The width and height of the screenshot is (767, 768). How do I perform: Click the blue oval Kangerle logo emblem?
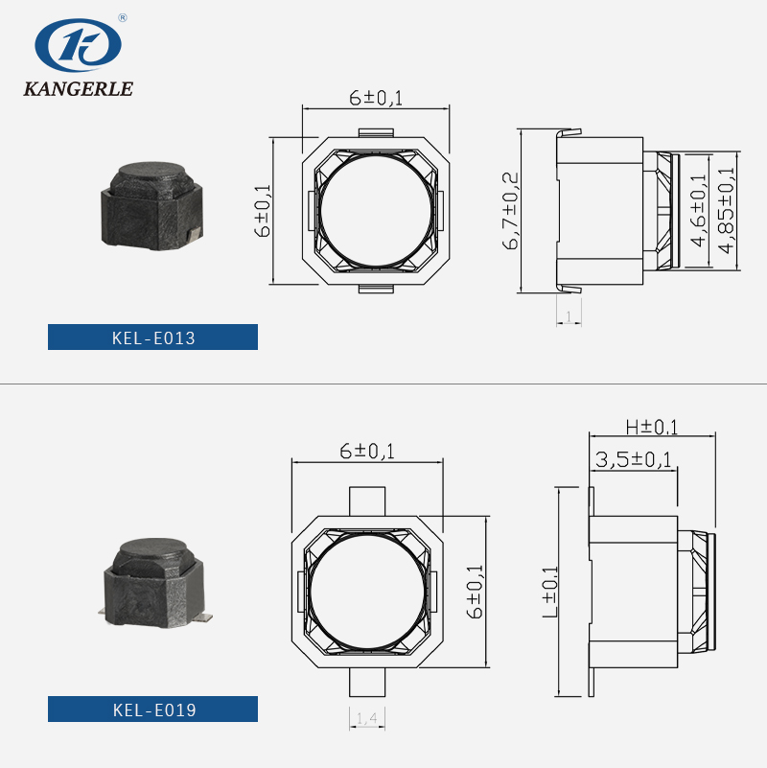(x=78, y=45)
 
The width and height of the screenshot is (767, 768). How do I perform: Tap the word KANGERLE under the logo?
(x=79, y=88)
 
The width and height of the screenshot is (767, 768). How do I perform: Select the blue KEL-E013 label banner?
(x=152, y=337)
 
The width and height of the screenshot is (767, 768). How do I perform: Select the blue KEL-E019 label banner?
(x=152, y=709)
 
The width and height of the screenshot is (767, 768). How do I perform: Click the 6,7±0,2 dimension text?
(x=510, y=211)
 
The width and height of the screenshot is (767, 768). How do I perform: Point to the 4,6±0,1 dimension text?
(x=698, y=210)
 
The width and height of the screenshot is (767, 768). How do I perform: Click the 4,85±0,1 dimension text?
(x=727, y=210)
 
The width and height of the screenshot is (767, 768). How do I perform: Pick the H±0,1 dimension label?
(x=652, y=427)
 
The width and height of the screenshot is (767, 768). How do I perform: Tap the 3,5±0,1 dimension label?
(x=634, y=459)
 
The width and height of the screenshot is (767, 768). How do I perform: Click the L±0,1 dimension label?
(x=550, y=592)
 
